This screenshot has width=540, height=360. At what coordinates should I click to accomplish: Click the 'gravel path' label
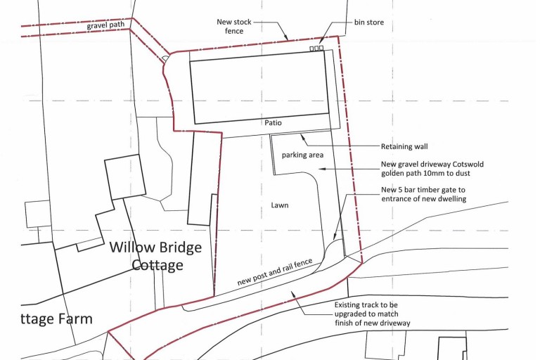pos(107,26)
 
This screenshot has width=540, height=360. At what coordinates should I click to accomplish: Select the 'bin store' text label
pos(368,22)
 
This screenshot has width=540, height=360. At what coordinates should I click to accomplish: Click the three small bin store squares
pos(316,49)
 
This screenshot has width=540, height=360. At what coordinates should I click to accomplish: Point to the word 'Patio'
pos(274,122)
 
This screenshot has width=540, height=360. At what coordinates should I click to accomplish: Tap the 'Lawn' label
pos(280,205)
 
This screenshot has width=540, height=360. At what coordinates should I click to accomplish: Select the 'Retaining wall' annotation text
pos(404,147)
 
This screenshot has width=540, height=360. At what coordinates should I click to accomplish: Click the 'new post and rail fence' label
pos(274,271)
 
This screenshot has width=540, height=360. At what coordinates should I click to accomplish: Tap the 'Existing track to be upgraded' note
pos(373,314)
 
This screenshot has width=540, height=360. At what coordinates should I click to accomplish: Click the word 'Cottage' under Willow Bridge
pos(157,265)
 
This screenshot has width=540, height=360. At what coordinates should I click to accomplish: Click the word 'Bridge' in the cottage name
pos(181,247)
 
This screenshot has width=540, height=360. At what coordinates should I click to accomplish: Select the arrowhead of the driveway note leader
pos(319,168)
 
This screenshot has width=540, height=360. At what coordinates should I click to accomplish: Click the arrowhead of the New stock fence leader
pos(287,39)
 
